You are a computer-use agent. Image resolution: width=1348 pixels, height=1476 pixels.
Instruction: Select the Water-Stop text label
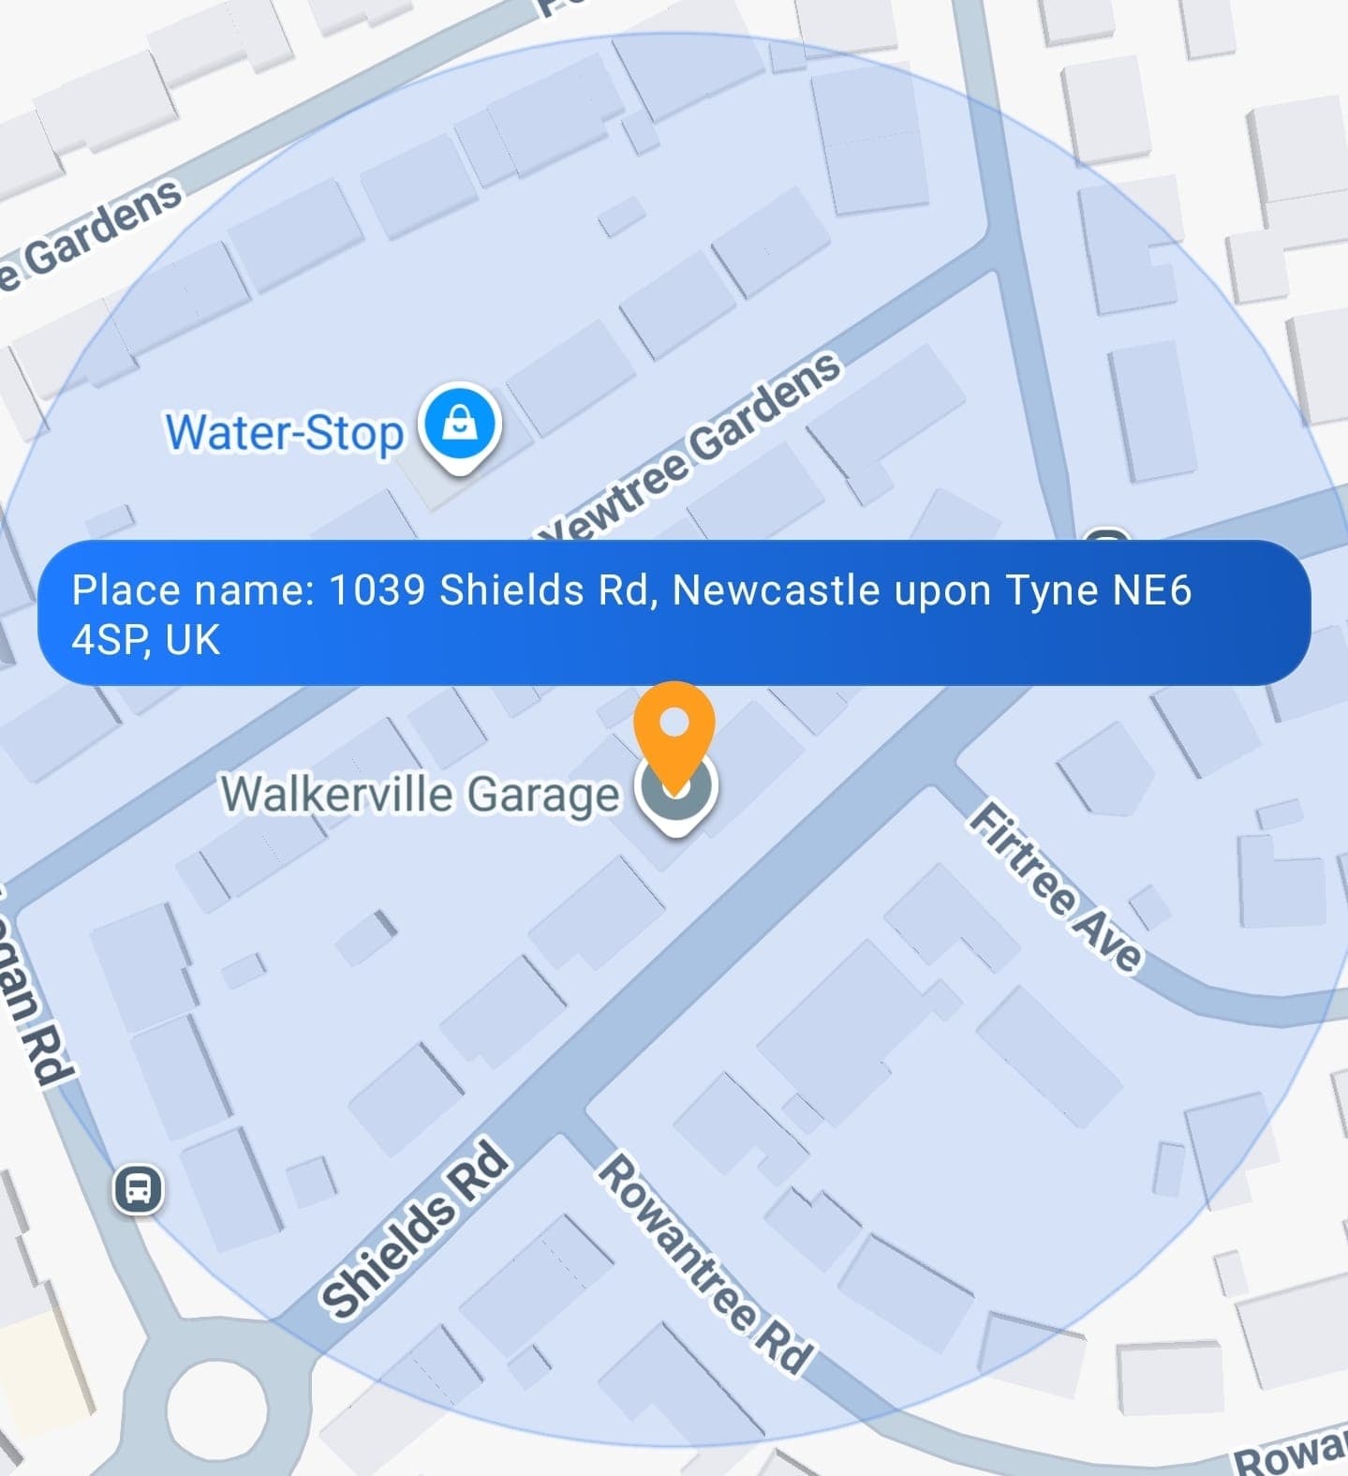284,433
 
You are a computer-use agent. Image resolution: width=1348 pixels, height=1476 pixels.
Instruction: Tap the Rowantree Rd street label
705,1264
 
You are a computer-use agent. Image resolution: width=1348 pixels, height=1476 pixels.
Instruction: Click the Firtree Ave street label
1056,887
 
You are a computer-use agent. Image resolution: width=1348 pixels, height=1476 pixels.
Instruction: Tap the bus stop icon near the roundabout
139,1189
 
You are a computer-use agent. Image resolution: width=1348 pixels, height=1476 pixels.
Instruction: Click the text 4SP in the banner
107,641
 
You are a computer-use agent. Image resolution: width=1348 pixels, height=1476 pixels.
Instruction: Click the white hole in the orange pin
674,723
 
